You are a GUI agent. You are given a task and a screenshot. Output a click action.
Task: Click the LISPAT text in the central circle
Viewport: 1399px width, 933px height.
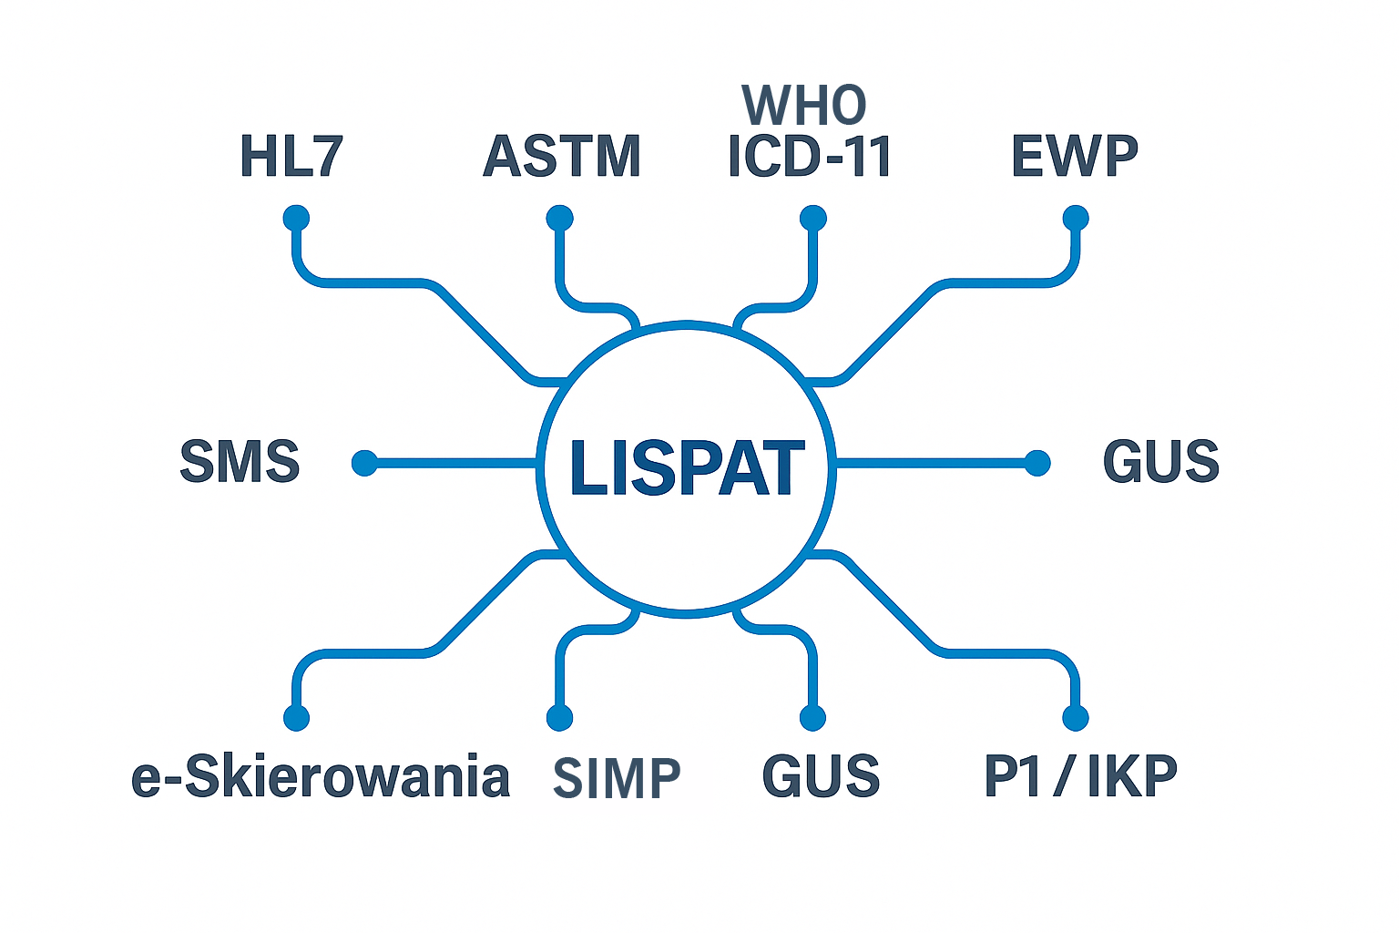pyautogui.click(x=687, y=467)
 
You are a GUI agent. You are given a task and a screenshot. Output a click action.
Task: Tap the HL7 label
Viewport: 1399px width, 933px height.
pyautogui.click(x=291, y=157)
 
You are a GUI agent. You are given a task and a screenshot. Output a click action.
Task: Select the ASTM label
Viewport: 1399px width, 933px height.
pyautogui.click(x=561, y=157)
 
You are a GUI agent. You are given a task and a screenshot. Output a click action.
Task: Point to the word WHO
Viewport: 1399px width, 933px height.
pyautogui.click(x=803, y=106)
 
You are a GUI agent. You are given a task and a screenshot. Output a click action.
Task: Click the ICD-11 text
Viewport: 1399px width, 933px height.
pyautogui.click(x=809, y=157)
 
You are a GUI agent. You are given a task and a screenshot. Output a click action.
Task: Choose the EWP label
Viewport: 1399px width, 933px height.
pyautogui.click(x=1075, y=157)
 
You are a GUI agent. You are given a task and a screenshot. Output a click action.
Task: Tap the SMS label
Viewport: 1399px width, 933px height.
pyautogui.click(x=240, y=461)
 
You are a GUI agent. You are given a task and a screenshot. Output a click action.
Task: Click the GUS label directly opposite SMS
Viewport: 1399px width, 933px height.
pyautogui.click(x=1160, y=461)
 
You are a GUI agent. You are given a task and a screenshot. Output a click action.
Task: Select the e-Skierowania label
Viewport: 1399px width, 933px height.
pyautogui.click(x=321, y=777)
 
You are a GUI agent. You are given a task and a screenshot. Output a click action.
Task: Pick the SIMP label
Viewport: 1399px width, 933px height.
pyautogui.click(x=617, y=779)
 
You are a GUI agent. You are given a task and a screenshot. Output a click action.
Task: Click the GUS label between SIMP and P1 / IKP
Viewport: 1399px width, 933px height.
pyautogui.click(x=821, y=777)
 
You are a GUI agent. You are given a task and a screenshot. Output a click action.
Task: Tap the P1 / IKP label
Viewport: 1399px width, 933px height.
pyautogui.click(x=1080, y=777)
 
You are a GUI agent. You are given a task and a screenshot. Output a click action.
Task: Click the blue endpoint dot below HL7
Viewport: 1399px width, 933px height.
pyautogui.click(x=296, y=219)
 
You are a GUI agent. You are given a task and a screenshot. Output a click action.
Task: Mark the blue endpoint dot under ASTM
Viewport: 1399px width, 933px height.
pyautogui.click(x=559, y=219)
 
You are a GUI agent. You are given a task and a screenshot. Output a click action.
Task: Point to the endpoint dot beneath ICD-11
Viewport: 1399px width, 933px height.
pyautogui.click(x=812, y=219)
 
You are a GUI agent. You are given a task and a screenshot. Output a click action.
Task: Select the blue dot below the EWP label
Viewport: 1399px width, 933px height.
pyautogui.click(x=1076, y=219)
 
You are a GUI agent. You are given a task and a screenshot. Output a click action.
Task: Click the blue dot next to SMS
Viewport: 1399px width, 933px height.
pyautogui.click(x=364, y=463)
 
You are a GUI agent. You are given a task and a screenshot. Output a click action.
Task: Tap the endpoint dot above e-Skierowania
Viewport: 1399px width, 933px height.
pyautogui.click(x=296, y=718)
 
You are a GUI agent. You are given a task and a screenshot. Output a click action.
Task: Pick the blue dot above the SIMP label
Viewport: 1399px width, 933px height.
pyautogui.click(x=559, y=718)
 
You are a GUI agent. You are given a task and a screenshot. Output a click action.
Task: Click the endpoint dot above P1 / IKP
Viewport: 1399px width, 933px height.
pyautogui.click(x=1076, y=718)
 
